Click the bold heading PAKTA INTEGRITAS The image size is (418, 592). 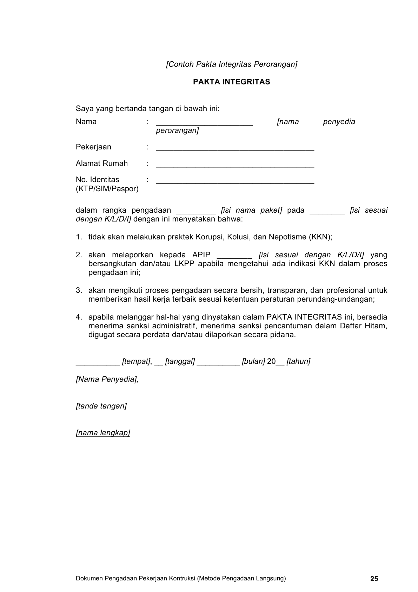[231, 82]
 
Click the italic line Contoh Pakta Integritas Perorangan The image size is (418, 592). [231, 64]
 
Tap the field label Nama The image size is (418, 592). [86, 122]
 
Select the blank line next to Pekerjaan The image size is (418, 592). [235, 149]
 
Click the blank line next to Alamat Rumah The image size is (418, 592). [235, 166]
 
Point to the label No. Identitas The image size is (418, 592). [97, 180]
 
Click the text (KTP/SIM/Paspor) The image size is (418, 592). [107, 189]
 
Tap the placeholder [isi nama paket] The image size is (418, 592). [251, 210]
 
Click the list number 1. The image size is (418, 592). [79, 237]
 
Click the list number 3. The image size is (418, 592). [79, 290]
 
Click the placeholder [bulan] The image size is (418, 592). [253, 361]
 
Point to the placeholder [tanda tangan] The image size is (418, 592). [101, 406]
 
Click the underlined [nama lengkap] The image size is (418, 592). [103, 433]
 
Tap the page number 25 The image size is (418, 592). [374, 579]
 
